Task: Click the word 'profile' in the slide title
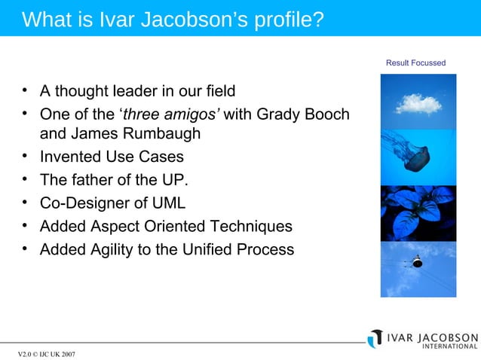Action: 283,19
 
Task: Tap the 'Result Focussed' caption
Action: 415,63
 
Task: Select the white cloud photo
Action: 418,102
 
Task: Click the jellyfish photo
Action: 418,157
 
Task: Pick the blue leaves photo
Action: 418,212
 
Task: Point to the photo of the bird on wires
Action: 418,268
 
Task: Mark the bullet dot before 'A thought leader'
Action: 25,91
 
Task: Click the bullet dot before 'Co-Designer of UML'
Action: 25,203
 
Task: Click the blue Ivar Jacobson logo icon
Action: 375,339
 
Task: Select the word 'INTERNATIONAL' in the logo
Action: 449,346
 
